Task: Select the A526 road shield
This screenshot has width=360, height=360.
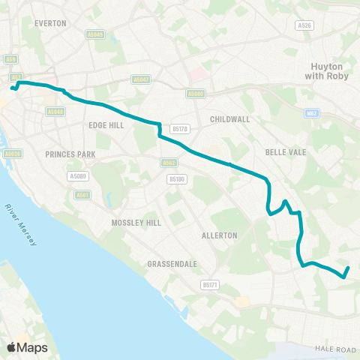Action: pos(304,25)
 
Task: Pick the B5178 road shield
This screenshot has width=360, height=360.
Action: pos(178,128)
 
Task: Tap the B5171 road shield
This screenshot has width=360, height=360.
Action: pos(209,285)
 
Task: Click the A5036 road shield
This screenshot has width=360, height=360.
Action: pos(10,154)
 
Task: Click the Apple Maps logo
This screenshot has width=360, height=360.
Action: pos(27,347)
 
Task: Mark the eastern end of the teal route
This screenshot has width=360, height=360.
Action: pos(349,268)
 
